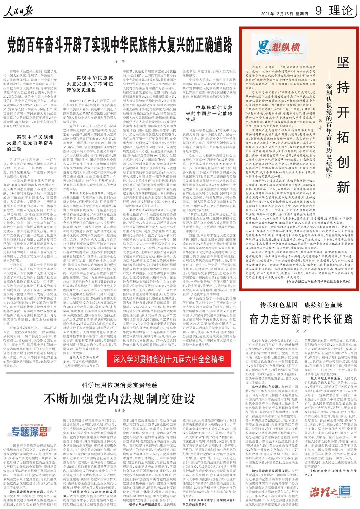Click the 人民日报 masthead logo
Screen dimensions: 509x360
pyautogui.click(x=18, y=11)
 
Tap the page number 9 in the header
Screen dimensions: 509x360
pyautogui.click(x=318, y=11)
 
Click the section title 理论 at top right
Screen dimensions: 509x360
pyautogui.click(x=341, y=11)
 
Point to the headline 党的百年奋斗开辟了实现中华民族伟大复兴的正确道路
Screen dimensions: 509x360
pyautogui.click(x=120, y=45)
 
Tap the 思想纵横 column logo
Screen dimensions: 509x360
pyautogui.click(x=279, y=47)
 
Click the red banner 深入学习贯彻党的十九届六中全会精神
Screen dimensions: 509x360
pyautogui.click(x=168, y=359)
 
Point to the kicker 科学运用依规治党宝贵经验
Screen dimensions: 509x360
pyautogui.click(x=119, y=385)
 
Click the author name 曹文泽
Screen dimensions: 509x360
pyautogui.click(x=119, y=411)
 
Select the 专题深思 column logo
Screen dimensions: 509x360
pyautogui.click(x=29, y=431)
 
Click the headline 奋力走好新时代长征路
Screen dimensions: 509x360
pyautogui.click(x=301, y=319)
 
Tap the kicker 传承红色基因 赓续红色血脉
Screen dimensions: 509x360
pyautogui.click(x=301, y=305)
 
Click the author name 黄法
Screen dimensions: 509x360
pyautogui.click(x=301, y=331)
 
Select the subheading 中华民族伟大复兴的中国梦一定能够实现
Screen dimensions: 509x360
pyautogui.click(x=209, y=113)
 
